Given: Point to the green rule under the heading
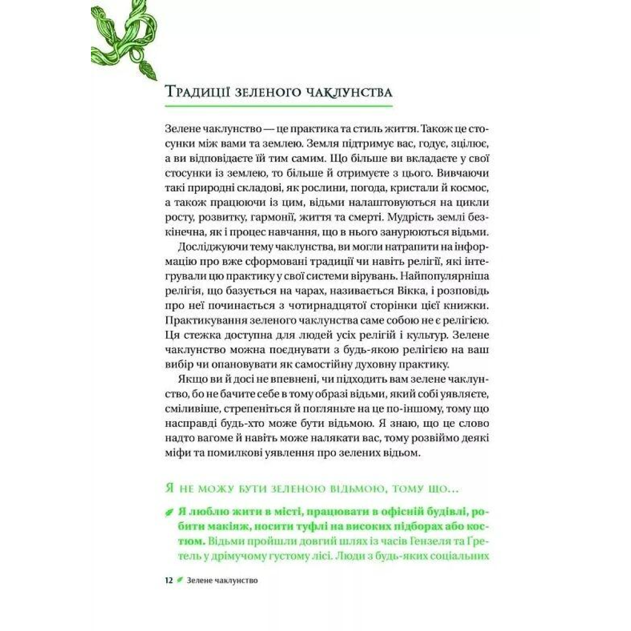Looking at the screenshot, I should point(279,106).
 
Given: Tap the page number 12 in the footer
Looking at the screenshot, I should point(169,581).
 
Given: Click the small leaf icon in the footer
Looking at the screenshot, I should point(180,581).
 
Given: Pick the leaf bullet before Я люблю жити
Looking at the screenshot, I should point(169,512).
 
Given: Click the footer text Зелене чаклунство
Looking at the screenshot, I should point(221,581).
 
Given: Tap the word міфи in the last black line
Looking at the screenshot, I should point(175,452).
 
